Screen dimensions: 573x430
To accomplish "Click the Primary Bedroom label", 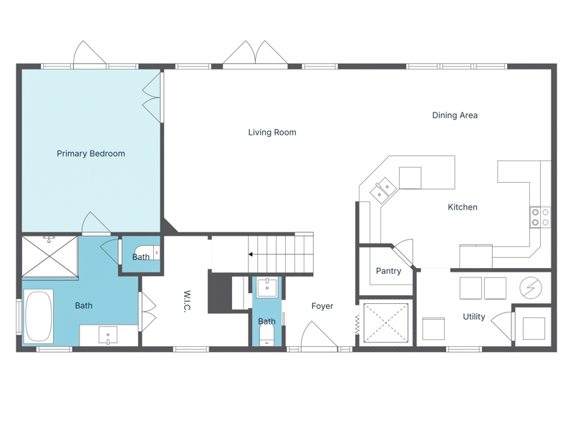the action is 91,153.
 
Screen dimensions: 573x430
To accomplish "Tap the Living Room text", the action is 272,133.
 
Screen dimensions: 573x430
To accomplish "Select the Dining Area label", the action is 455,115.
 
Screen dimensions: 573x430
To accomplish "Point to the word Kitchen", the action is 463,207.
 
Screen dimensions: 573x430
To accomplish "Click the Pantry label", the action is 388,271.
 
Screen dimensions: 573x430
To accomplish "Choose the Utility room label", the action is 474,317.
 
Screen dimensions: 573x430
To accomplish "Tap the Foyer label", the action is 322,306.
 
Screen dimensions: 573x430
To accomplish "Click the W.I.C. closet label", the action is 187,302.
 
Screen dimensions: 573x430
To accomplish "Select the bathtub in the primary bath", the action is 39,315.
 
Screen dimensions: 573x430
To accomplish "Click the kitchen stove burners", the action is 540,217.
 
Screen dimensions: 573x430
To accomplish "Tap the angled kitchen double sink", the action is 383,190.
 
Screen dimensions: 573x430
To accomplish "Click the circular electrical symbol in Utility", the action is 531,288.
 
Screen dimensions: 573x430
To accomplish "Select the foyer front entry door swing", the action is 319,334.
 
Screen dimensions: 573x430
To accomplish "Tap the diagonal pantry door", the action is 403,254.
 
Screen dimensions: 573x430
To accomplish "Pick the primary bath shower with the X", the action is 49,257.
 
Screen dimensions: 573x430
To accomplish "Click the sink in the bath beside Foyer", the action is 267,287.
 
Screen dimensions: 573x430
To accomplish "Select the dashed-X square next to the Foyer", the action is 386,323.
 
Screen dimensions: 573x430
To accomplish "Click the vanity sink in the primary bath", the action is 108,335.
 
